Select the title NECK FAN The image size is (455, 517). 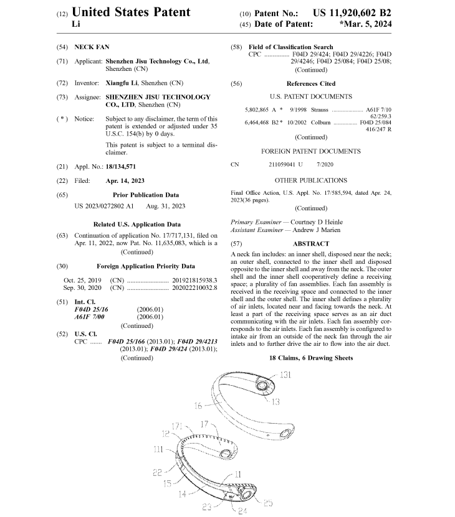(x=92, y=47)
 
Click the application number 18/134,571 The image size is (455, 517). (x=121, y=167)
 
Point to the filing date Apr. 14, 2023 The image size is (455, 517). (x=125, y=181)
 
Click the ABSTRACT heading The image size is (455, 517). (x=311, y=244)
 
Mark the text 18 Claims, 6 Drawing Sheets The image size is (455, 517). (x=311, y=358)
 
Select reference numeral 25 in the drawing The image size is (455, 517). (x=268, y=503)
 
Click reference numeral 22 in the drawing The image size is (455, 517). (x=157, y=472)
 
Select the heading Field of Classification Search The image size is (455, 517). (x=290, y=47)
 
